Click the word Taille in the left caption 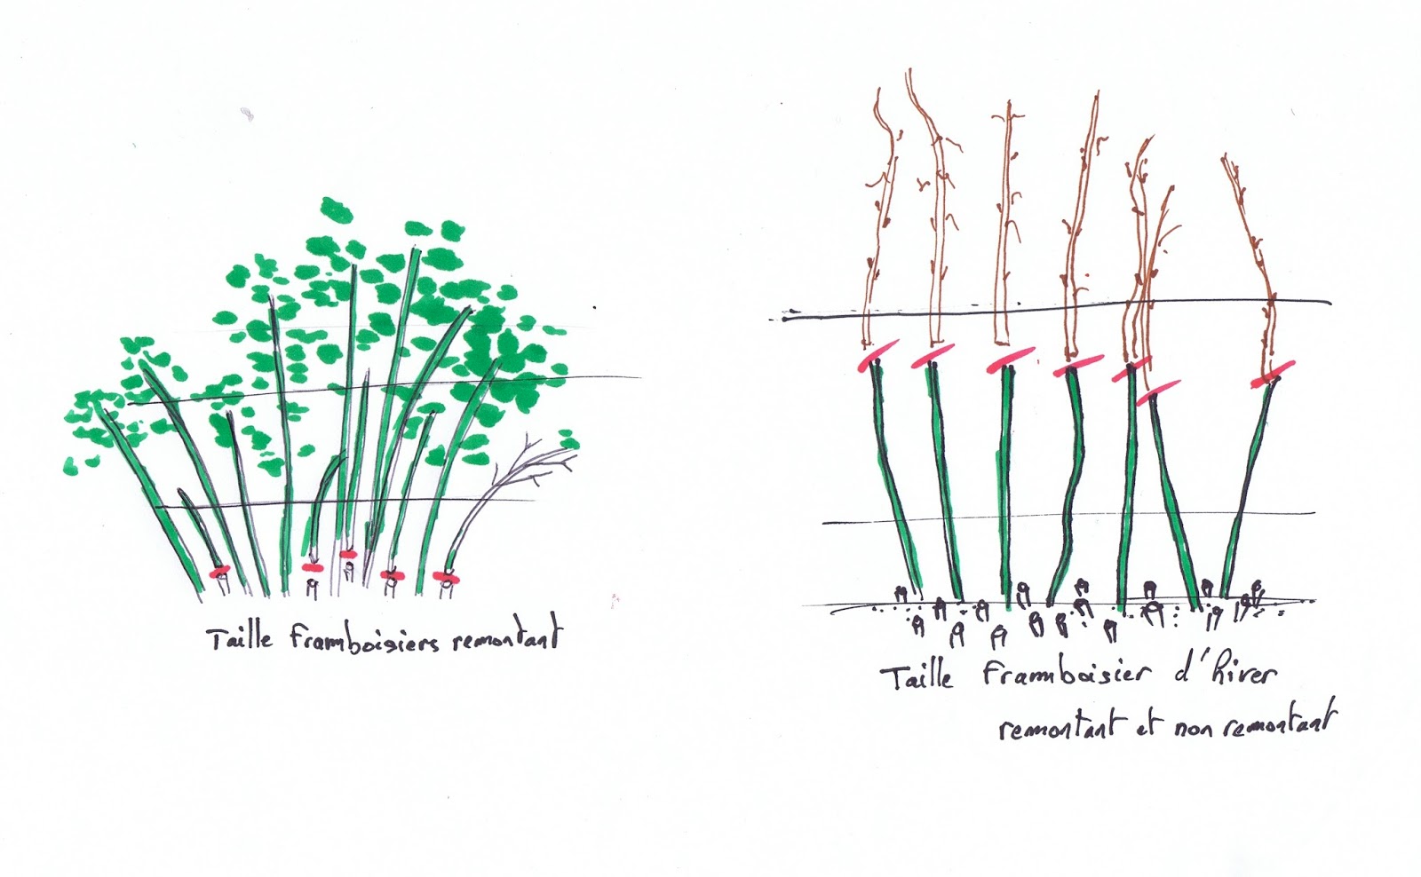(x=240, y=638)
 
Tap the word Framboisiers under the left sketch (x=364, y=639)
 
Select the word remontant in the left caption (x=508, y=638)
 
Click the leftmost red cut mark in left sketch (x=218, y=571)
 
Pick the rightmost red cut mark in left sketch (x=446, y=579)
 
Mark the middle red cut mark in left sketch (x=348, y=554)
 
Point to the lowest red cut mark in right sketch (x=1158, y=391)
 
